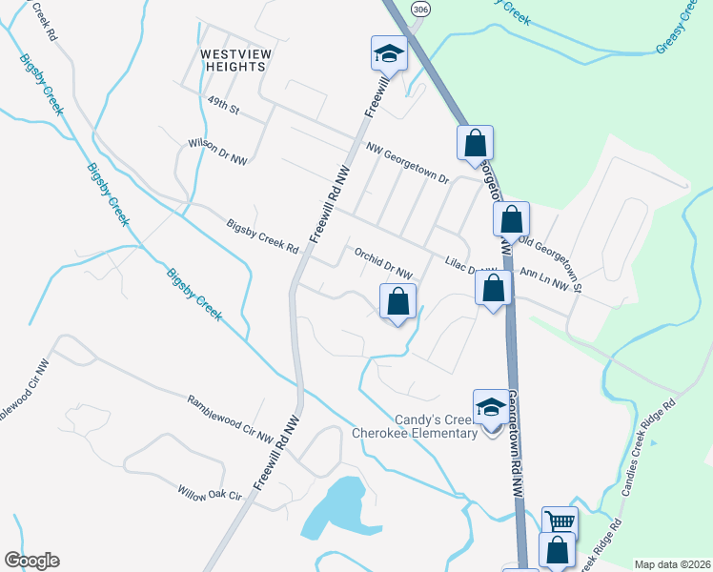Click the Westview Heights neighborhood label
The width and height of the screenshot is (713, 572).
pyautogui.click(x=233, y=60)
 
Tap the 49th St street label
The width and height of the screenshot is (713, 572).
pyautogui.click(x=222, y=104)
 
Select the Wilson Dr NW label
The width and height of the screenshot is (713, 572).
pyautogui.click(x=217, y=152)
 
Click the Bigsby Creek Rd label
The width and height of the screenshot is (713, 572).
pyautogui.click(x=263, y=236)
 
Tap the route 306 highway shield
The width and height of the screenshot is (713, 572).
pyautogui.click(x=419, y=8)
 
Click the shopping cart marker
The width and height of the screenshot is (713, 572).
pyautogui.click(x=560, y=521)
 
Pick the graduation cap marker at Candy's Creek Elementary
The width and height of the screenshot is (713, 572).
pyautogui.click(x=491, y=406)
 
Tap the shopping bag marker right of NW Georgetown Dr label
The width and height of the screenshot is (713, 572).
pyautogui.click(x=475, y=143)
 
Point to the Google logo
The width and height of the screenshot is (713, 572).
pyautogui.click(x=31, y=561)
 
